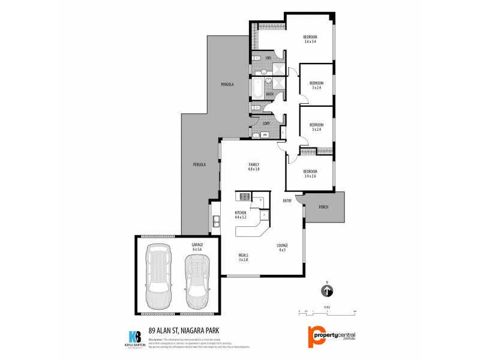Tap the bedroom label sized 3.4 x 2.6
coord(310,174)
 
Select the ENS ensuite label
coord(268,58)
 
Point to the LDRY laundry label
coord(266,124)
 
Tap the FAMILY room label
coord(254,167)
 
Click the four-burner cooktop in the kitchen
coord(244,196)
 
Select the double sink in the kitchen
coord(215,223)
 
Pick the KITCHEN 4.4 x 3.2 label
coord(241,215)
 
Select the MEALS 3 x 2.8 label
coord(244,257)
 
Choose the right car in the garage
coord(196,280)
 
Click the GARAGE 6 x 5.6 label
coord(197,247)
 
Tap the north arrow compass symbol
coord(328,291)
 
